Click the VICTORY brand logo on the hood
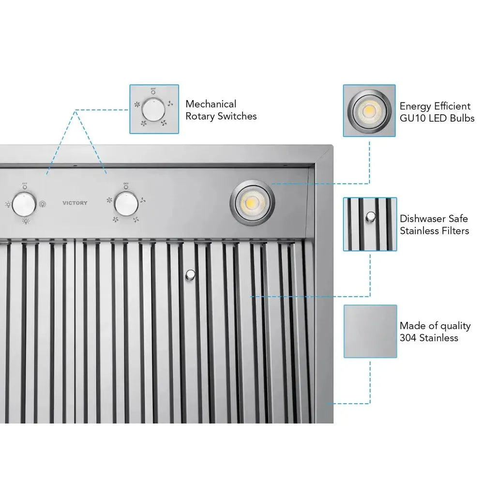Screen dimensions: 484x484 75,203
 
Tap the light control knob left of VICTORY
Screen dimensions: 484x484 23,203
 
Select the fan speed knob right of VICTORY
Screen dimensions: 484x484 126,203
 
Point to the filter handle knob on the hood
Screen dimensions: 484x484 191,275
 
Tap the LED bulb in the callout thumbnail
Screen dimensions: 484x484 369,111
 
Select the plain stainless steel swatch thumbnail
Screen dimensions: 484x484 370,331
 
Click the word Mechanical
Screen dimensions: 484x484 211,104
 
